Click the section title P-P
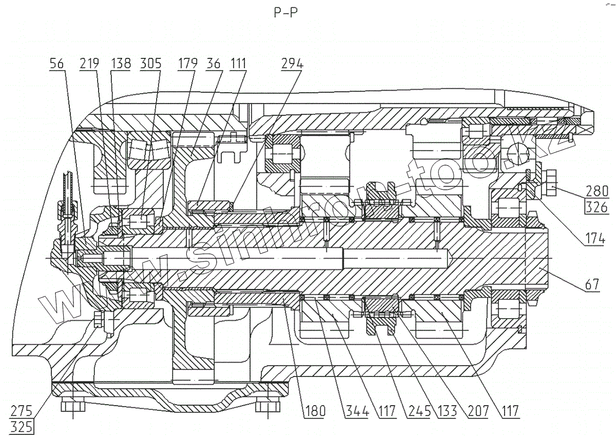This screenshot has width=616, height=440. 285,13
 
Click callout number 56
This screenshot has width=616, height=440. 57,64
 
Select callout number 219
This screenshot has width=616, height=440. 90,64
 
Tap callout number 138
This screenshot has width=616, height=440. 121,64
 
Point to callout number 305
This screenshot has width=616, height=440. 151,64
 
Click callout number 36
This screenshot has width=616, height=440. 214,64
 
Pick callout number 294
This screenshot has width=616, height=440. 292,64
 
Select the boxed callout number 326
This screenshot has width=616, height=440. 598,207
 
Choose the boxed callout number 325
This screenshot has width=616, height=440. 22,425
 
